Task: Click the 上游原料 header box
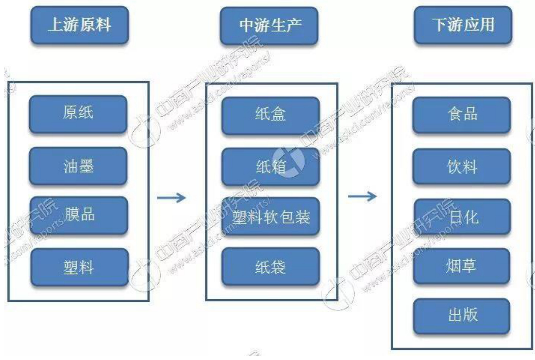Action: pos(79,25)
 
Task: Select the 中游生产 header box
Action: pos(269,26)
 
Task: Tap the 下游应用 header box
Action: pos(463,25)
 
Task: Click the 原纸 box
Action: pos(78,113)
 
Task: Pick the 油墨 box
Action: pos(78,166)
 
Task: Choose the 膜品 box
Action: pos(78,215)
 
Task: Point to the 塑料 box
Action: pos(79,267)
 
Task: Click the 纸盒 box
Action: pos(270,115)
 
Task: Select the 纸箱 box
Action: pos(270,166)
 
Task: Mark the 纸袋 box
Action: pos(270,267)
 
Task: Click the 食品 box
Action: pos(461,115)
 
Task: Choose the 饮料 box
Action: pos(461,166)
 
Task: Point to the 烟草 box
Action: pos(461,266)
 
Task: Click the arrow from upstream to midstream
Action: pos(171,198)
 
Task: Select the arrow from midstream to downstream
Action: pos(362,196)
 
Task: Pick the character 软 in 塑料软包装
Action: pos(271,217)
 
